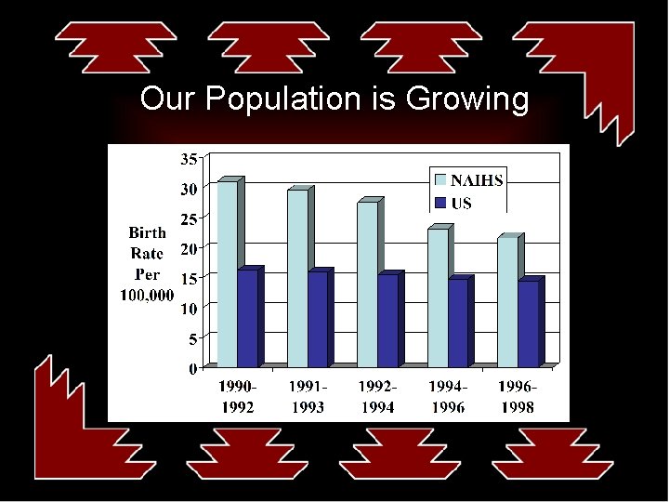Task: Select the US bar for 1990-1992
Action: coord(248,317)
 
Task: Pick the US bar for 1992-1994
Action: coord(387,320)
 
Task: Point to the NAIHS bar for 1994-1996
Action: coord(437,297)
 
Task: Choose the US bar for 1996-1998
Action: coord(528,323)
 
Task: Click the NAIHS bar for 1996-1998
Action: coord(507,301)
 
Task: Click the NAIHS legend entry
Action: coord(477,180)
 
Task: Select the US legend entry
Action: coord(461,203)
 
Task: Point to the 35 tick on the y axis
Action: coord(189,159)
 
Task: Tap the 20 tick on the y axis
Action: coord(189,248)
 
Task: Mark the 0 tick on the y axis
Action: coord(192,368)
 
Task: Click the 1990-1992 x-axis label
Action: coord(238,396)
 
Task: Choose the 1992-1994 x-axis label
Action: coord(378,396)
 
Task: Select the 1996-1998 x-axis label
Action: coord(517,396)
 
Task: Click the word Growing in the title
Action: coord(467,99)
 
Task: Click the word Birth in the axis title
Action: coord(148,232)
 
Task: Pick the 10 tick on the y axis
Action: coord(189,309)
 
